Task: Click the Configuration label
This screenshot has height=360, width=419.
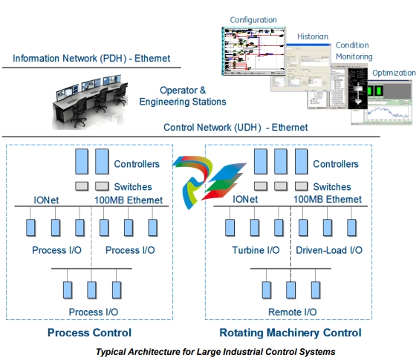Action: pos(253,20)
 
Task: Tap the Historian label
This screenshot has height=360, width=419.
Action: pos(313,36)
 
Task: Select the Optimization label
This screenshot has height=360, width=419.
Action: pos(394,73)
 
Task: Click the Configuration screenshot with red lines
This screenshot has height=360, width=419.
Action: pos(254,51)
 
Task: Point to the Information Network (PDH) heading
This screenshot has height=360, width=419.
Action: pos(91,58)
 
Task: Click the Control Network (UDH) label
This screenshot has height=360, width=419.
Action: pos(236,128)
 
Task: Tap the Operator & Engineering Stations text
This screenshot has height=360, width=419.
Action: pos(183,96)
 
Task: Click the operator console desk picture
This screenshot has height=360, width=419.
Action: pos(89,102)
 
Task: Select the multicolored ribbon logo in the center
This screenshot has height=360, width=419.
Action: pos(209,182)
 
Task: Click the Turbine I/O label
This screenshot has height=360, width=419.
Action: pos(256,250)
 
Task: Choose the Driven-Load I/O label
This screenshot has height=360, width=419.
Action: pos(329,250)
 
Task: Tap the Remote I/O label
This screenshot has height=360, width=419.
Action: pos(293,312)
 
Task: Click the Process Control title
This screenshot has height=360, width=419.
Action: pos(89,333)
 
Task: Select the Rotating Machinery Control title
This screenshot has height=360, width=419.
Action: pos(290,333)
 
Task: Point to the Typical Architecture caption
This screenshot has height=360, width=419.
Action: pos(215,352)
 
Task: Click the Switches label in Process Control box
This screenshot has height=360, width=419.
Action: pos(133,186)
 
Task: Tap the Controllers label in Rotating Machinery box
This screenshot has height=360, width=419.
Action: pos(336,164)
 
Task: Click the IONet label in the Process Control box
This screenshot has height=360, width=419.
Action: pos(46,200)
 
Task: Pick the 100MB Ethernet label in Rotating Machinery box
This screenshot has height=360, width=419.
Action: pos(328,199)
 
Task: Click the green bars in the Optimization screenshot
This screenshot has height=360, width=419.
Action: pos(374,91)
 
